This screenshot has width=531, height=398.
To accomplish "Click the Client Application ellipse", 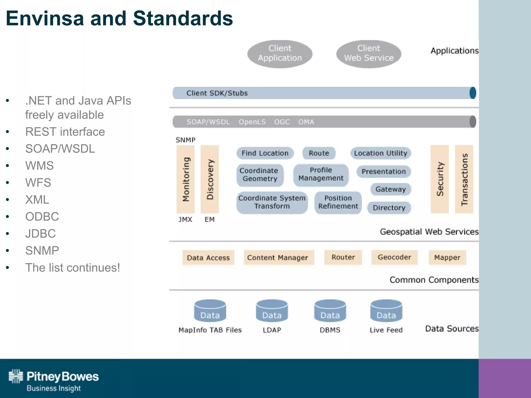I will pyautogui.click(x=280, y=54).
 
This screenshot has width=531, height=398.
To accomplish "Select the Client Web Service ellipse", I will pyautogui.click(x=368, y=54).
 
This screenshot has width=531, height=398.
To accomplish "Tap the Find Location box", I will pyautogui.click(x=265, y=153).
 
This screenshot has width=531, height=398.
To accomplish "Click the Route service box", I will pyautogui.click(x=319, y=153).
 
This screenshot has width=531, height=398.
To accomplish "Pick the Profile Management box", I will pyautogui.click(x=321, y=174).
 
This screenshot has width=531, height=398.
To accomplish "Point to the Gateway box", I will pyautogui.click(x=390, y=189).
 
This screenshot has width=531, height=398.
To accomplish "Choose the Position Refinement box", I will pyautogui.click(x=338, y=202).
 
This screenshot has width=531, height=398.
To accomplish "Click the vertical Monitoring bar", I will pyautogui.click(x=186, y=179).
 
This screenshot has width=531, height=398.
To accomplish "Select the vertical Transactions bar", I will pyautogui.click(x=464, y=179).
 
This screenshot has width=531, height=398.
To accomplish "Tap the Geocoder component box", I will pyautogui.click(x=394, y=257).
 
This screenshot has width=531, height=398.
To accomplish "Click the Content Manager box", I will pyautogui.click(x=278, y=258).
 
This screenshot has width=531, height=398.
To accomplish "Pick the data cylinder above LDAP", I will pyautogui.click(x=272, y=311).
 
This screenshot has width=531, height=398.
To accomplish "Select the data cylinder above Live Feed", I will pyautogui.click(x=386, y=311).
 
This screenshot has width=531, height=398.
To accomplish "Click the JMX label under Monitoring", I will pyautogui.click(x=185, y=220).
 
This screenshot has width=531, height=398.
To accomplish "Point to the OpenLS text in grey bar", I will pyautogui.click(x=252, y=122).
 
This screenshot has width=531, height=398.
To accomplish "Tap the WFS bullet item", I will pyautogui.click(x=38, y=183).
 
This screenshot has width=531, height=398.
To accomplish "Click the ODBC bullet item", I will pyautogui.click(x=42, y=217).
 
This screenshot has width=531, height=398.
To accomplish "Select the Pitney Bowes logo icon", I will pyautogui.click(x=16, y=376).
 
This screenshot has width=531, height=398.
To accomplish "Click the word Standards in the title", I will pyautogui.click(x=183, y=19).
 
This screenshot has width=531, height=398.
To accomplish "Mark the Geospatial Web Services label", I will pyautogui.click(x=429, y=232).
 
